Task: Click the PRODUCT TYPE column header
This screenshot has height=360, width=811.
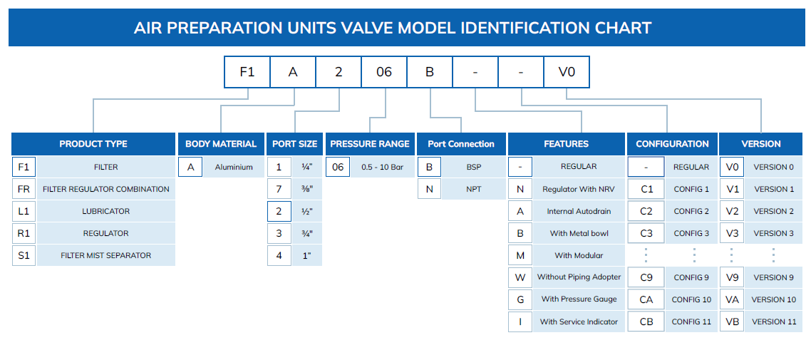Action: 93,144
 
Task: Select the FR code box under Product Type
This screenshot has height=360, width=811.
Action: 24,190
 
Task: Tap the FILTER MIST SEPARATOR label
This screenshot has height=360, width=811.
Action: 106,255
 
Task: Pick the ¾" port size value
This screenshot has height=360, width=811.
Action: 307,233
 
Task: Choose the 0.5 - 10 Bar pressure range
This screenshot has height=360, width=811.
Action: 382,167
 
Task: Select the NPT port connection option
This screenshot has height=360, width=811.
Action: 474,190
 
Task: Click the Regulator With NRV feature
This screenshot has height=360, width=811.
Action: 579,190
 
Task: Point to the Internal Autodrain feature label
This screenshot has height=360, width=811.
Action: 579,211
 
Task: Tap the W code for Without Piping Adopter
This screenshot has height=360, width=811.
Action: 520,277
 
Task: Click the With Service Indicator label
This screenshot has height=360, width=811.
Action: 579,322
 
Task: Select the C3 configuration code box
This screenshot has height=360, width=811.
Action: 646,233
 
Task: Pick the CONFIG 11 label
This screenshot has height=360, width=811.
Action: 691,322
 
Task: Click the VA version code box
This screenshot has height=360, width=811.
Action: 732,299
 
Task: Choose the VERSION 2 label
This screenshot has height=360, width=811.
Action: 773,211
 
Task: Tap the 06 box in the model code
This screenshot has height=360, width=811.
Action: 384,72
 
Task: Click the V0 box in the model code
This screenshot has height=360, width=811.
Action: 567,72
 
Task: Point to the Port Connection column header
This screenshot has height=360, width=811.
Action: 461,144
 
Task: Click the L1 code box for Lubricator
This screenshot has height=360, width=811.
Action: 24,211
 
